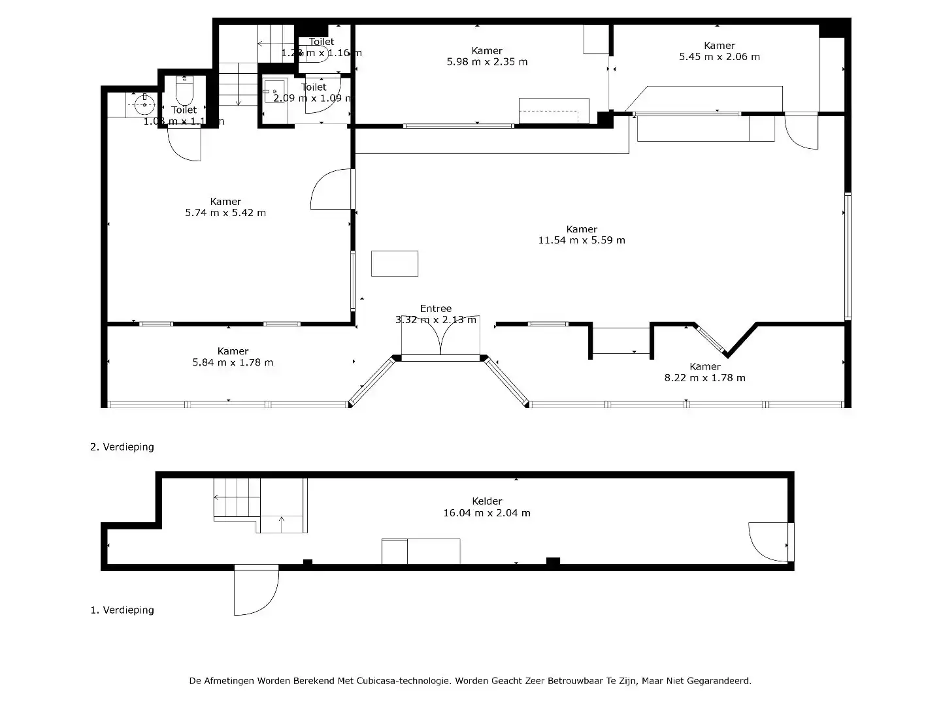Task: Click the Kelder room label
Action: click(487, 501)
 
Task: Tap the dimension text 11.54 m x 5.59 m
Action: click(581, 240)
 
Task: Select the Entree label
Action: click(435, 309)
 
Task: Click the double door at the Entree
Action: click(441, 339)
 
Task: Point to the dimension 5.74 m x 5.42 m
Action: click(225, 213)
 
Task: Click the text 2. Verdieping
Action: click(122, 447)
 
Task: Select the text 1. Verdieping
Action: click(122, 610)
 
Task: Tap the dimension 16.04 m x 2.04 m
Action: click(487, 513)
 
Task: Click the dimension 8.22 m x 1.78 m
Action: click(704, 378)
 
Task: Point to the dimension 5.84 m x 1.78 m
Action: click(233, 363)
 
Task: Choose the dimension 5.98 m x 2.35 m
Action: click(487, 62)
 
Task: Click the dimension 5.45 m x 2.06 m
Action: click(719, 57)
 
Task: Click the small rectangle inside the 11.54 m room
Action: click(395, 264)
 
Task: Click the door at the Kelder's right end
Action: click(768, 542)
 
